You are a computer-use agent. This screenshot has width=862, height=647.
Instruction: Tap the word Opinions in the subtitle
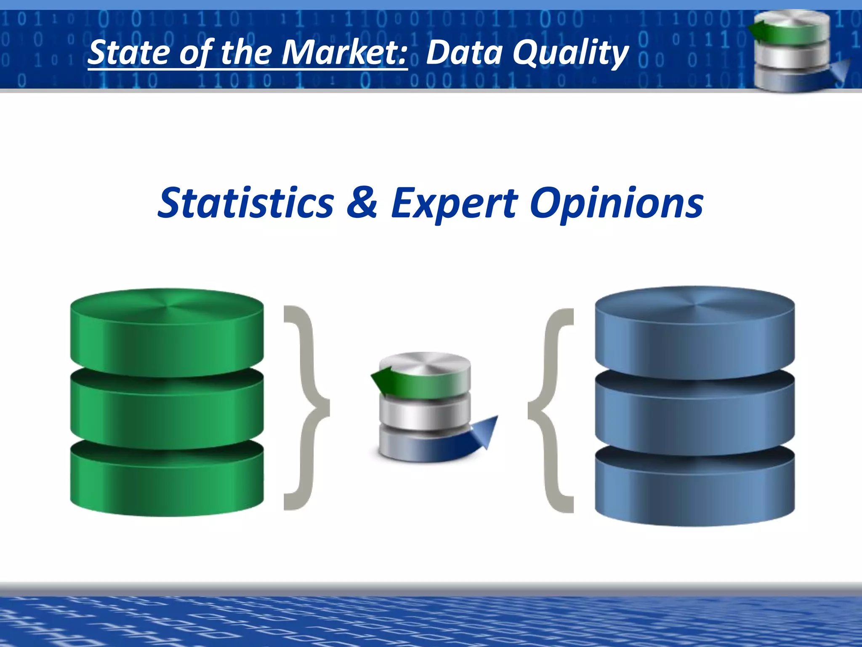[616, 204]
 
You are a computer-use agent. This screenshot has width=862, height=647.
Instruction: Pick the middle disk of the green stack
[167, 406]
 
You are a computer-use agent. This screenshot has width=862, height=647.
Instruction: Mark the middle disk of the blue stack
[694, 411]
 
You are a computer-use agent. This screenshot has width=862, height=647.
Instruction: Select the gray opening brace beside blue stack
[551, 411]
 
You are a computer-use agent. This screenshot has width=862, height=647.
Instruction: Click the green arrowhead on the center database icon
[381, 379]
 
